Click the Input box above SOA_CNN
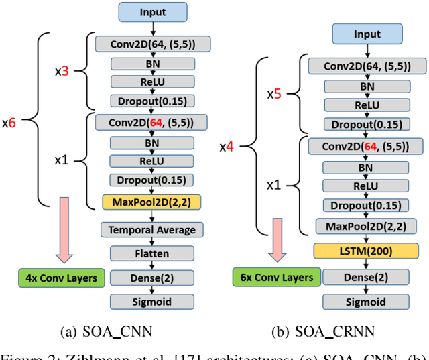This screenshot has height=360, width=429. [153, 12]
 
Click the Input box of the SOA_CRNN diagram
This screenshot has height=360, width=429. [367, 34]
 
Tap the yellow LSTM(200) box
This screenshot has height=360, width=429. [366, 251]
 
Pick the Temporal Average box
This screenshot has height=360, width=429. [152, 230]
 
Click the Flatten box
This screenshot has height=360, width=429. [152, 253]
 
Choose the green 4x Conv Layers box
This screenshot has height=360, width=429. [62, 278]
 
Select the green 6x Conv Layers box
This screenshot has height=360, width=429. [277, 277]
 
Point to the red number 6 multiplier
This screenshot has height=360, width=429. [12, 123]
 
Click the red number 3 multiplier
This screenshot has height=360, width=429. [65, 71]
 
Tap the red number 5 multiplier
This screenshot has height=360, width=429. [277, 94]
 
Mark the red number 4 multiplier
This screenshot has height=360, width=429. [230, 147]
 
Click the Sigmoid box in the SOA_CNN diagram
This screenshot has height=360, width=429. [152, 302]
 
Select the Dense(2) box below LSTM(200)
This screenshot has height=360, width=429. [366, 277]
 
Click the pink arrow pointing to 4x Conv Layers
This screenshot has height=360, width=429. [64, 230]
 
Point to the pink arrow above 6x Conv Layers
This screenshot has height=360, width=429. [278, 240]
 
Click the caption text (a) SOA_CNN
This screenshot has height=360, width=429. [107, 332]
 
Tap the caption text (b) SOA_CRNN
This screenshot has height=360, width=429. [323, 332]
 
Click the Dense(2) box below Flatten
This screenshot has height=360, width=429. [152, 278]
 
